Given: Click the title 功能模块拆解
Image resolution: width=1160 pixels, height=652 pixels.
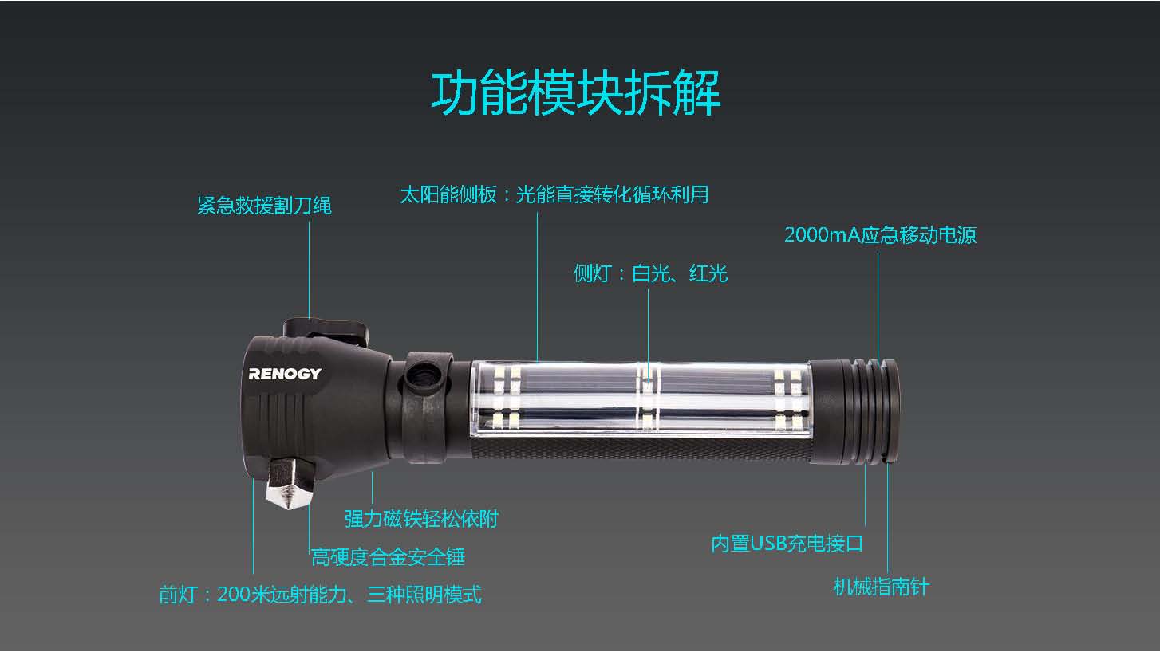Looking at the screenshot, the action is click(576, 93).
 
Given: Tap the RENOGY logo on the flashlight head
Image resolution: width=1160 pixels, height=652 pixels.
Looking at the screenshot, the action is click(284, 374).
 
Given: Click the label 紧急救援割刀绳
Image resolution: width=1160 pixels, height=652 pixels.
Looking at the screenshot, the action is click(265, 206).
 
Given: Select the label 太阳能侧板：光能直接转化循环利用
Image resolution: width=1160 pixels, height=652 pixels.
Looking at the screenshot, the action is click(554, 194).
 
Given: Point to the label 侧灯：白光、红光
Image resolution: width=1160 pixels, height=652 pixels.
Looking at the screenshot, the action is click(650, 273).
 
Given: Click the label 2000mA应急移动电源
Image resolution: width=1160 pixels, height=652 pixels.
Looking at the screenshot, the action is click(880, 235).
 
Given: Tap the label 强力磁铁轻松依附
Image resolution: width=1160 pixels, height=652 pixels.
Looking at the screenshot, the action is click(421, 519).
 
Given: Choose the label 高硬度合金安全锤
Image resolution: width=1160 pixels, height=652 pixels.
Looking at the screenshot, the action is click(388, 557).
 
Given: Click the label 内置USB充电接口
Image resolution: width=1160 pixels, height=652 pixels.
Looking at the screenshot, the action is click(787, 544).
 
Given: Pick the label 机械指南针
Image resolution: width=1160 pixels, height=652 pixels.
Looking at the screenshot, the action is click(882, 587).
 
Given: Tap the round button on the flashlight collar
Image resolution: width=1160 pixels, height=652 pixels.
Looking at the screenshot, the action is click(424, 376).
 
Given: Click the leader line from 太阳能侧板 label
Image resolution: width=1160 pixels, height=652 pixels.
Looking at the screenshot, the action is click(537, 287).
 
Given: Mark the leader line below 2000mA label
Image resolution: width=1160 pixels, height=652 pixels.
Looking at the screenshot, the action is click(878, 306).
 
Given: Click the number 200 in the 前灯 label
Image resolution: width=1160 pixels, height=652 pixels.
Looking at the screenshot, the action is click(232, 594).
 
